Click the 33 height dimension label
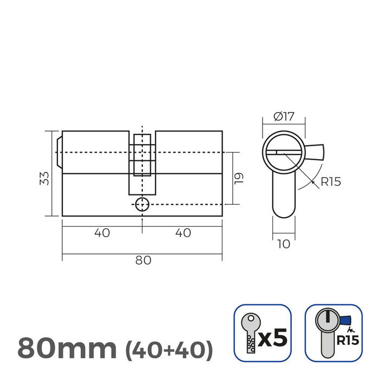[44, 178]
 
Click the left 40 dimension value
[102, 233]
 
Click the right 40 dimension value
[183, 233]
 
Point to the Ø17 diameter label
[284, 115]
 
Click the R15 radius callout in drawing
[330, 181]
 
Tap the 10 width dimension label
[283, 244]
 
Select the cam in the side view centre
[142, 162]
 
